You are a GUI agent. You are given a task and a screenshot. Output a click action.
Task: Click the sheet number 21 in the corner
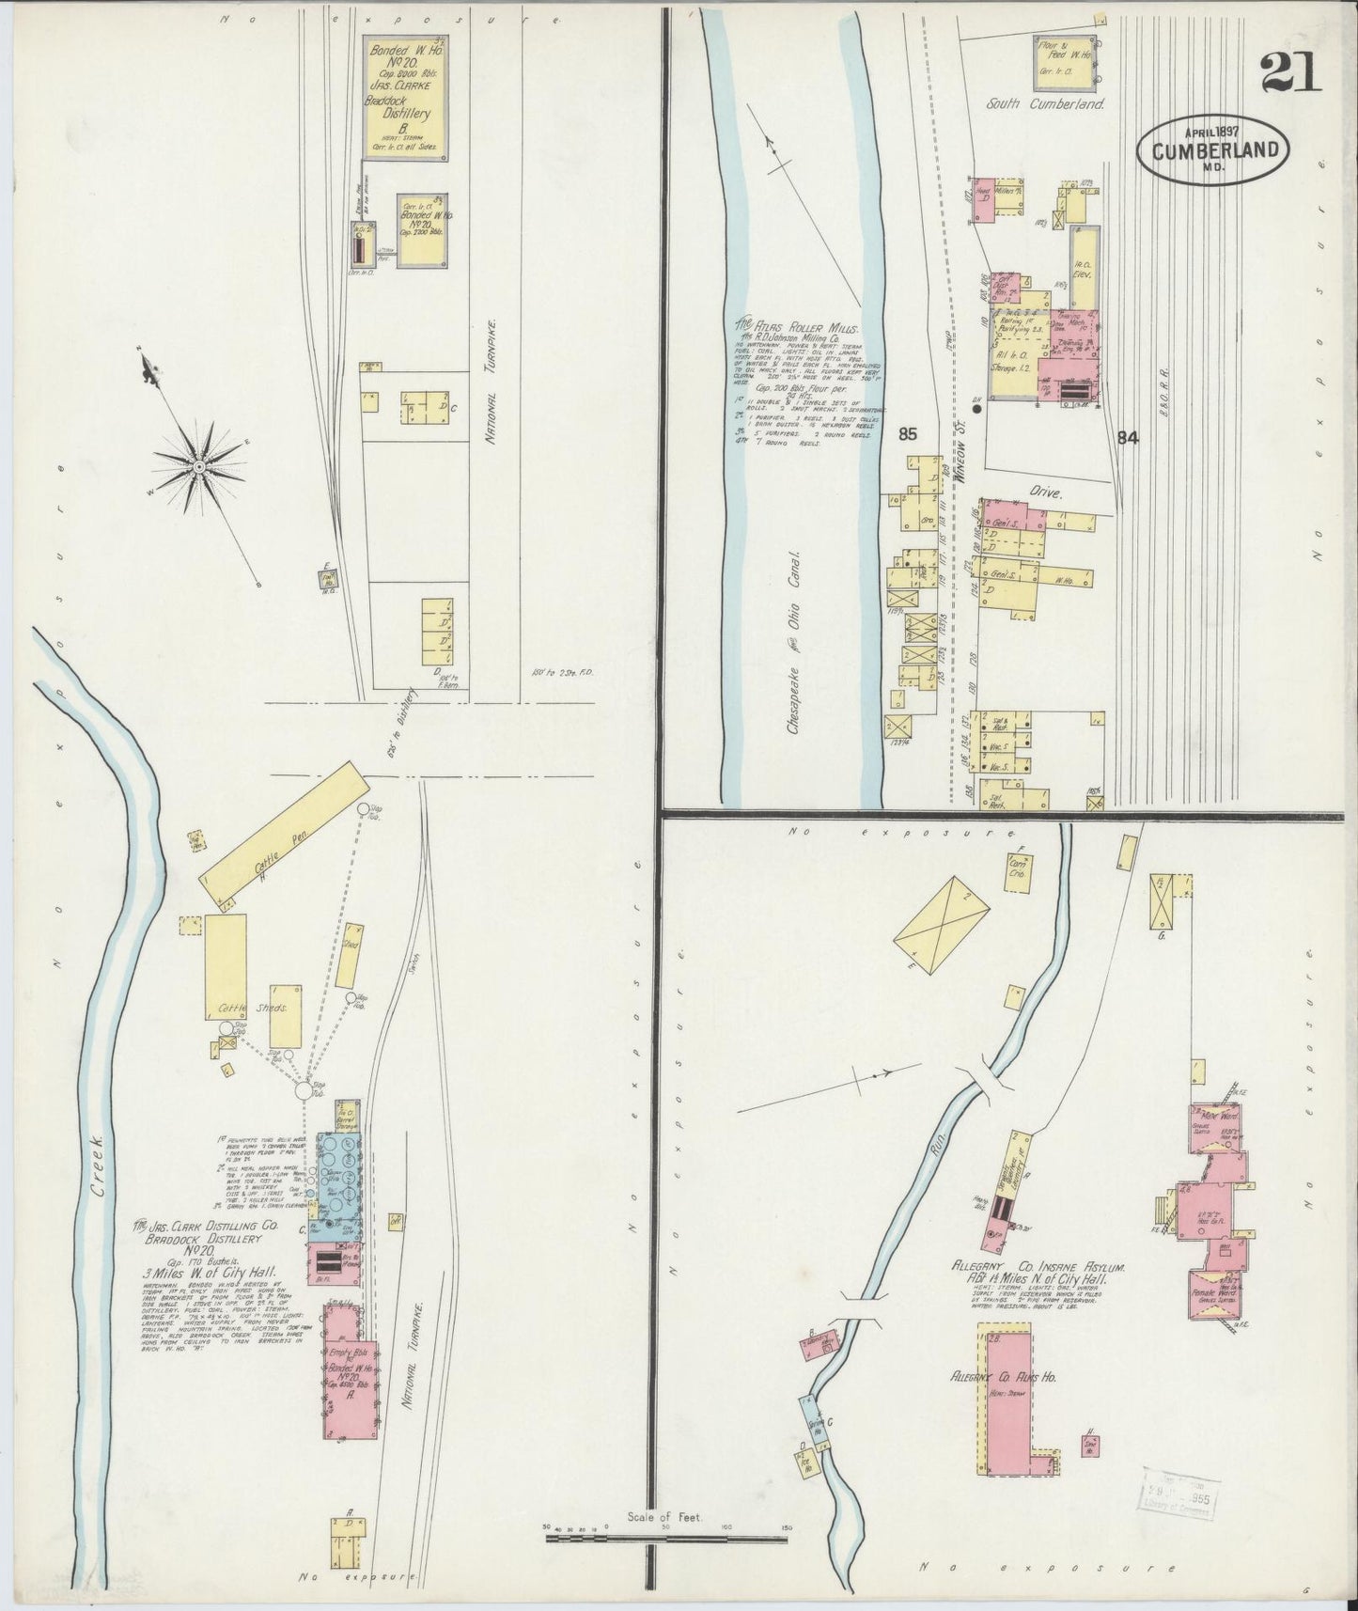(1292, 72)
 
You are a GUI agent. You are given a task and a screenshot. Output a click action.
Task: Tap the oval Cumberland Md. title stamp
(1213, 150)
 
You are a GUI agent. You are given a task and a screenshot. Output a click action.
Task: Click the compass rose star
(199, 465)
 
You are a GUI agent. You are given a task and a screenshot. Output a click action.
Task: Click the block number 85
(907, 434)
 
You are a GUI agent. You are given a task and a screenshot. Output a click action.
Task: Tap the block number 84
(1128, 436)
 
